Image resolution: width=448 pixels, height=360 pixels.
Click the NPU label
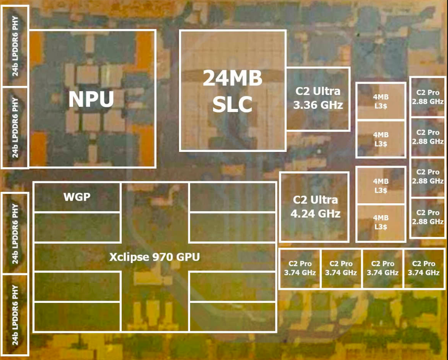91,99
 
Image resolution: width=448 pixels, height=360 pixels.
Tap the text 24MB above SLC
233,78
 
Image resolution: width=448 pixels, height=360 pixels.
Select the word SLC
233,104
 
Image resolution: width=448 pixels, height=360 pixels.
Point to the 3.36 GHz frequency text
318,105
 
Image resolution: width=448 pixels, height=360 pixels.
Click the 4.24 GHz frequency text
316,213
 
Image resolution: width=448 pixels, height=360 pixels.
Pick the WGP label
77,197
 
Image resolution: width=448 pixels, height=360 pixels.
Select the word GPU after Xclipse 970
188,257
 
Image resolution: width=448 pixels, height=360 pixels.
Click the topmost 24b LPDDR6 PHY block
15,46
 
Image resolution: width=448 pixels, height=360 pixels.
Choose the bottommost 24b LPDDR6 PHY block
15,315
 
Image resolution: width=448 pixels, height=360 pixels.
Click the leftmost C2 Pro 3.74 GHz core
300,269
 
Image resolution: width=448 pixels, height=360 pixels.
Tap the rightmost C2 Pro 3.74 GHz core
424,269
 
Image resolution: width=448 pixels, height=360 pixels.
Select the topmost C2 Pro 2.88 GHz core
428,97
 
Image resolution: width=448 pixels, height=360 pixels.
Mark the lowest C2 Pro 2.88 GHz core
428,217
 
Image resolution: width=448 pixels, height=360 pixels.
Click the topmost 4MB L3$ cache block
381,101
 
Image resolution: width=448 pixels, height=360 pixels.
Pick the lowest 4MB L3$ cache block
381,223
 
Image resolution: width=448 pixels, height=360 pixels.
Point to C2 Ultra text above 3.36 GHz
318,91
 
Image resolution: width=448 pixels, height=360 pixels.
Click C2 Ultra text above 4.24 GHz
316,200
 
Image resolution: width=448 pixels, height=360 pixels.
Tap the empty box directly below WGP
77,227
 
